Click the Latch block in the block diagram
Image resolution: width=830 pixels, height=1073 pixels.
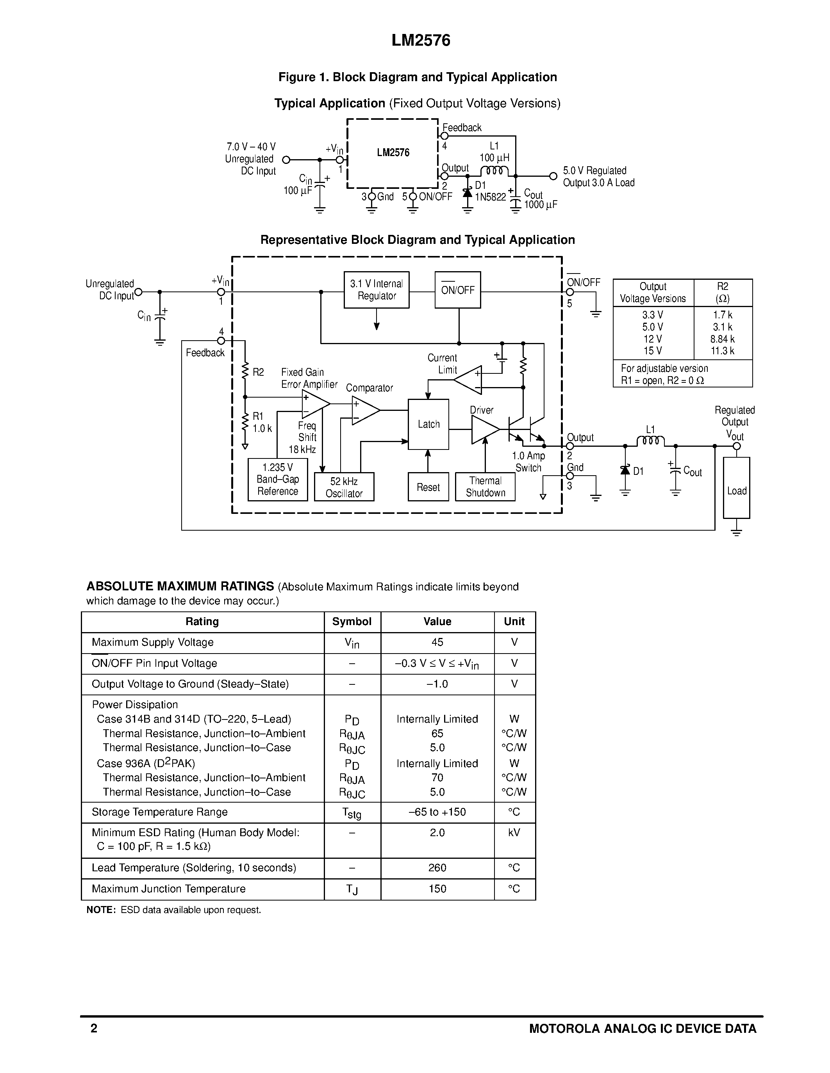click(428, 424)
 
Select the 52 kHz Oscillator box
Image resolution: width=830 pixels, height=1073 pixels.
click(344, 487)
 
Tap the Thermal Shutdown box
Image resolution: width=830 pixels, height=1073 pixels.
click(486, 487)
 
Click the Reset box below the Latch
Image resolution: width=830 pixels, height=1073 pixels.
click(428, 487)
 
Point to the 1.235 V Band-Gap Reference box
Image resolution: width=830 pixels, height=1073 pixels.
click(278, 480)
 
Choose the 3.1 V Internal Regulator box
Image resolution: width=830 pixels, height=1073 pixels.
click(376, 290)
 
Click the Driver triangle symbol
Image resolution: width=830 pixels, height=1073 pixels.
click(483, 430)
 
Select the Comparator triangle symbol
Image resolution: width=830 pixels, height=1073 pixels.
click(364, 410)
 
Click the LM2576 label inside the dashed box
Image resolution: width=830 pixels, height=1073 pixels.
click(393, 153)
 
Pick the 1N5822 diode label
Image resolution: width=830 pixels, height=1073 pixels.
click(490, 197)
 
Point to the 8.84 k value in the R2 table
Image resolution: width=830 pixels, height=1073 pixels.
click(722, 339)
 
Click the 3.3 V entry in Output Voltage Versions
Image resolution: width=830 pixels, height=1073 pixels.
click(653, 315)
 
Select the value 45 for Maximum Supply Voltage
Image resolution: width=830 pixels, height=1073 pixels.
click(437, 642)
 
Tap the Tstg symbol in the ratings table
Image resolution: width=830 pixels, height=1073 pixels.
click(352, 813)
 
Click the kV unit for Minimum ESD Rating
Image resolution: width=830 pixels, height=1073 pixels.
click(514, 832)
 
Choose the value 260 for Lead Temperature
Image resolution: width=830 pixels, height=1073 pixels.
click(437, 868)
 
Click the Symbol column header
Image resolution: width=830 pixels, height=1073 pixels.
click(352, 622)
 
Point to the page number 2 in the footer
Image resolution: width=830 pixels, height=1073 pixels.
click(94, 1028)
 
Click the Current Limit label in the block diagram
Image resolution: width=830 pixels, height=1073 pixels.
click(442, 364)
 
